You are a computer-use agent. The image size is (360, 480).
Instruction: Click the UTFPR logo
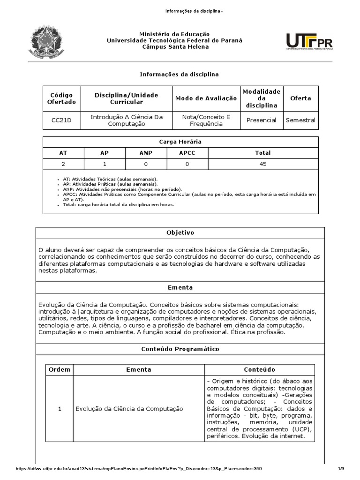click(x=309, y=41)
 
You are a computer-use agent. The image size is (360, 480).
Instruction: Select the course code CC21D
click(x=61, y=120)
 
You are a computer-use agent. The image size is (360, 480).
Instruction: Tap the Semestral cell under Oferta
click(x=300, y=120)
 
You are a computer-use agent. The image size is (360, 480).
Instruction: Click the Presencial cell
click(x=261, y=120)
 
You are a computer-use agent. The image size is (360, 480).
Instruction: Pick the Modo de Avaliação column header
click(x=206, y=98)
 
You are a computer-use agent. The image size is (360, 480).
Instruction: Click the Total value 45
click(x=263, y=164)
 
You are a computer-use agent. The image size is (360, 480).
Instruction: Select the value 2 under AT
click(x=63, y=164)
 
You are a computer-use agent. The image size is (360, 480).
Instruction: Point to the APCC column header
click(x=187, y=153)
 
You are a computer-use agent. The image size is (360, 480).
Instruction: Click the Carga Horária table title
click(x=180, y=142)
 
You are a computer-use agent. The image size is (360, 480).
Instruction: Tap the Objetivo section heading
click(x=180, y=233)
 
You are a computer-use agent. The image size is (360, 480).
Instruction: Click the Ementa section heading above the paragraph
click(x=180, y=287)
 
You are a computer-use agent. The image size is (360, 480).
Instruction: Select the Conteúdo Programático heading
click(x=180, y=349)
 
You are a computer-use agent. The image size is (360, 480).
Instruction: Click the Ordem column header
click(x=60, y=369)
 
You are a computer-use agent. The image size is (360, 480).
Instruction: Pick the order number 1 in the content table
click(x=60, y=409)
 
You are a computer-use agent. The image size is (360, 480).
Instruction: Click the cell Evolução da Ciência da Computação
click(x=129, y=409)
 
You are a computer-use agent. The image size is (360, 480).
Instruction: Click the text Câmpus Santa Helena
click(x=174, y=47)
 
